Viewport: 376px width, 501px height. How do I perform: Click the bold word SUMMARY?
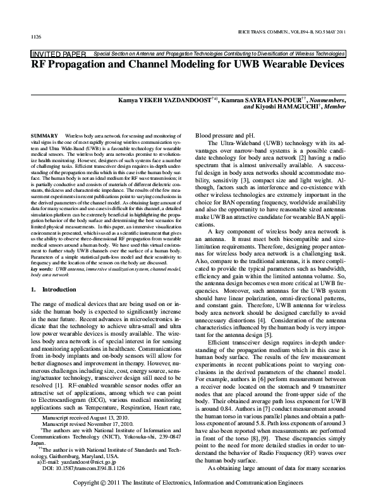pyautogui.click(x=44, y=136)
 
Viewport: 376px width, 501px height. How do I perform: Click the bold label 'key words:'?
pyautogui.click(x=42, y=269)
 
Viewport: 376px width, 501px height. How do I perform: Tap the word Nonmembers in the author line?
pyautogui.click(x=323, y=99)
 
